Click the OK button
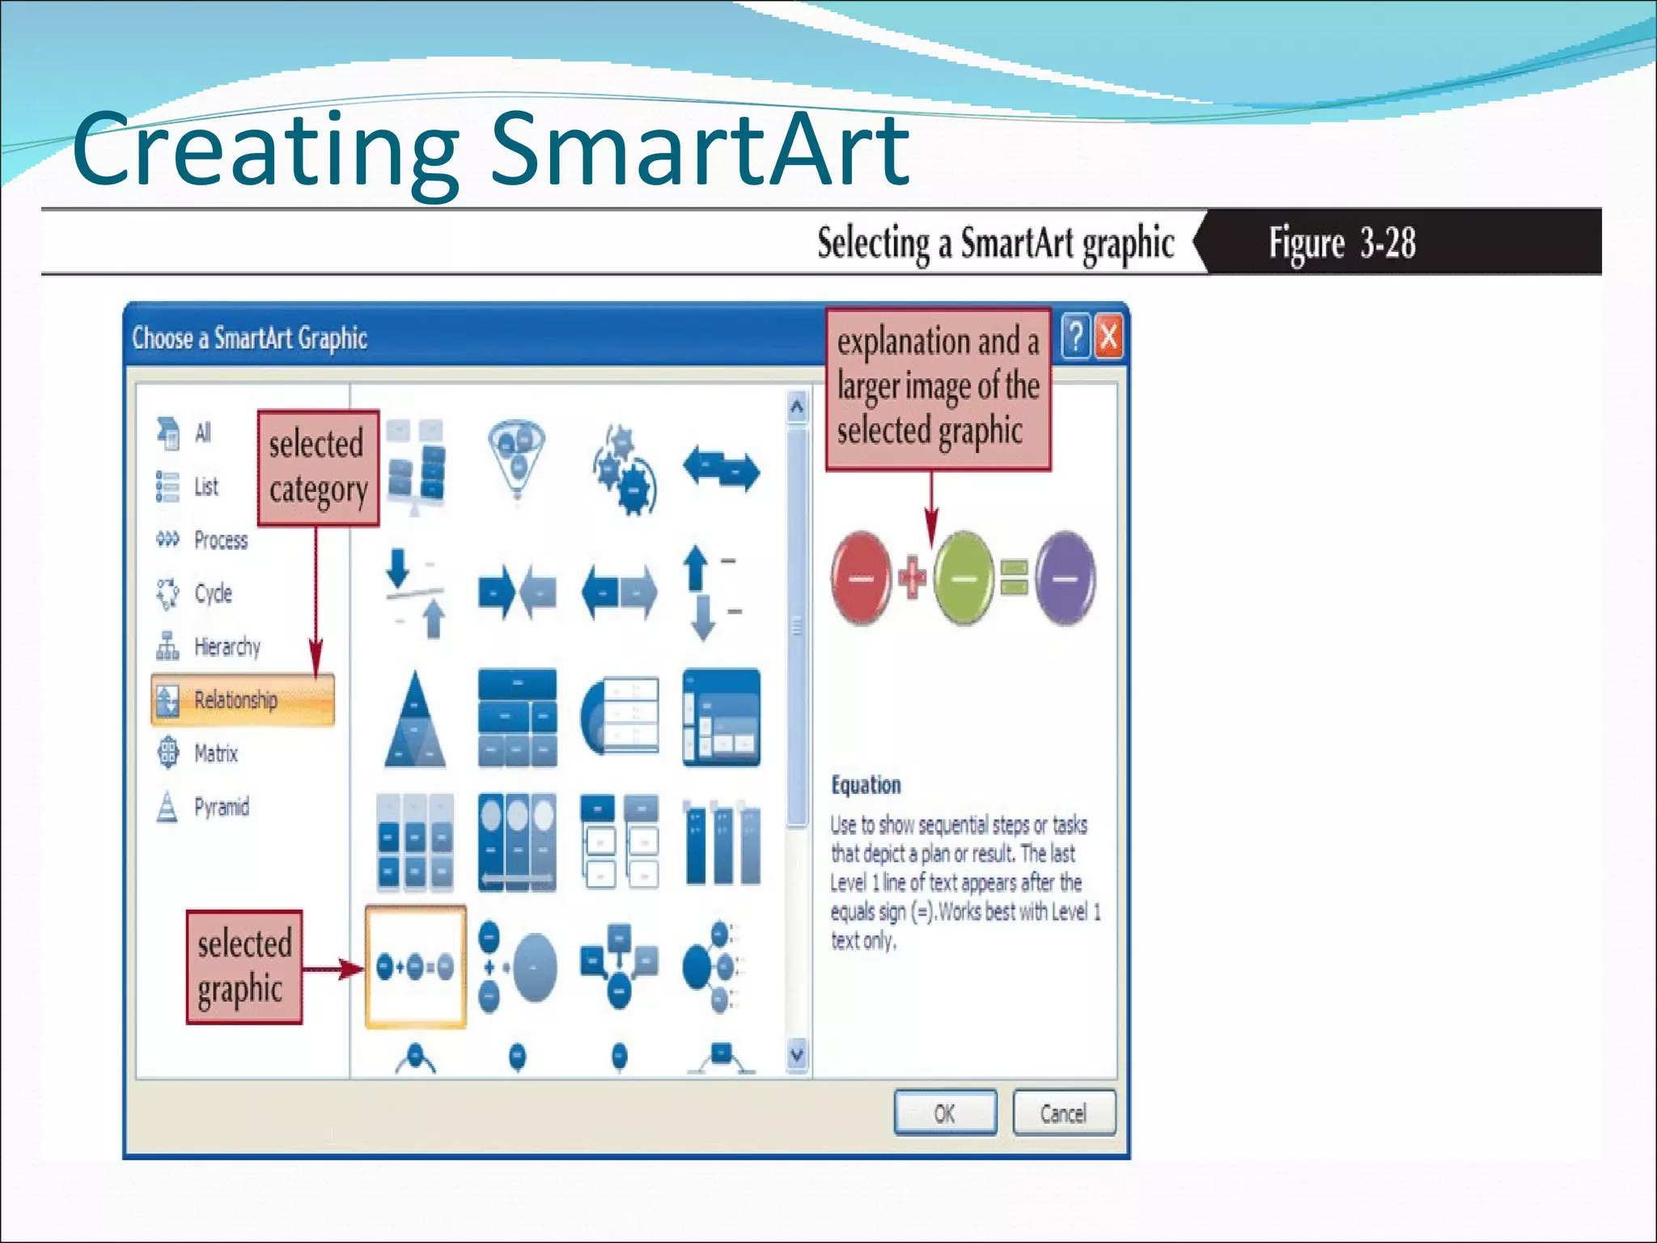pyautogui.click(x=944, y=1114)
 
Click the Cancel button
pyautogui.click(x=1063, y=1114)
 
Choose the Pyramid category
pyautogui.click(x=220, y=807)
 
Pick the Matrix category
pyautogui.click(x=215, y=753)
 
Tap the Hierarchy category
pyautogui.click(x=227, y=647)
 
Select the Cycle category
pyautogui.click(x=212, y=593)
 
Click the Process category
pyautogui.click(x=220, y=540)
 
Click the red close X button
pyautogui.click(x=1109, y=337)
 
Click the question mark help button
pyautogui.click(x=1075, y=337)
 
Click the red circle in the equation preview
pyautogui.click(x=861, y=578)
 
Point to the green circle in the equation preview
pyautogui.click(x=963, y=578)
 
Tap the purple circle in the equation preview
pyautogui.click(x=1065, y=578)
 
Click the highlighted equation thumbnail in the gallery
pyautogui.click(x=415, y=966)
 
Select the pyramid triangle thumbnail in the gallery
pyautogui.click(x=415, y=719)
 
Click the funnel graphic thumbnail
pyautogui.click(x=517, y=456)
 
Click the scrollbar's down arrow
pyautogui.click(x=797, y=1054)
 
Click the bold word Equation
pyautogui.click(x=866, y=785)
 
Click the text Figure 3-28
pyautogui.click(x=1341, y=243)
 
